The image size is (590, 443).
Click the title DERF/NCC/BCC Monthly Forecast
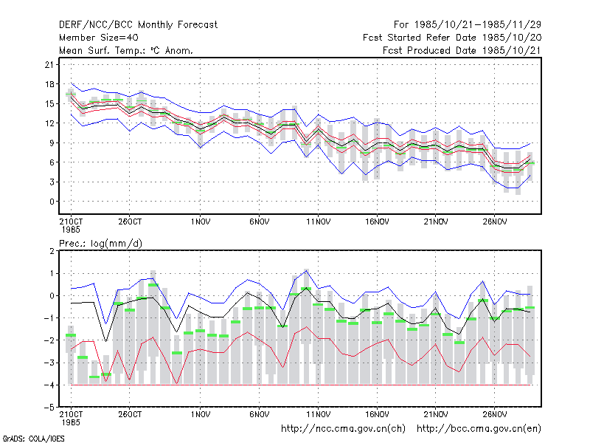pos(138,25)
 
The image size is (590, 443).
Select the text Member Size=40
pos(99,38)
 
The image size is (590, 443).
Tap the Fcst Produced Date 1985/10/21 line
pos(462,50)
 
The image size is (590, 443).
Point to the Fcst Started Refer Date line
pos(452,38)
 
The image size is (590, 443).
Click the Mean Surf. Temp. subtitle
pos(125,50)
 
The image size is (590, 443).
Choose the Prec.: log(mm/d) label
pos(100,244)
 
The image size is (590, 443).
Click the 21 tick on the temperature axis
pos(49,65)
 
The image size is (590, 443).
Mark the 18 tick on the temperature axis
pos(49,84)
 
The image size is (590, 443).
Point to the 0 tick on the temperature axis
pos(52,202)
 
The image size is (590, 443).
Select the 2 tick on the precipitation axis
pos(52,251)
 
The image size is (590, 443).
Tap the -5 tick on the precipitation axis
pos(49,408)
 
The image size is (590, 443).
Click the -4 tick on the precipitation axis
pos(49,385)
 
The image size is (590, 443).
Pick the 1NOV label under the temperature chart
pos(200,222)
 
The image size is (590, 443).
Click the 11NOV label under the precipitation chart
pos(318,414)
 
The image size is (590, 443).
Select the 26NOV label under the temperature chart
pos(494,222)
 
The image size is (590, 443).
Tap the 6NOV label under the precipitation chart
pos(260,414)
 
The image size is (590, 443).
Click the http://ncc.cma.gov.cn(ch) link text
pos(343,429)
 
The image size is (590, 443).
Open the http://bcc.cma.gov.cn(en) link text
pos(479,429)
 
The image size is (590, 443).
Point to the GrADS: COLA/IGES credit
pos(33,439)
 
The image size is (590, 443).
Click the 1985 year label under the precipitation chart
pos(71,422)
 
